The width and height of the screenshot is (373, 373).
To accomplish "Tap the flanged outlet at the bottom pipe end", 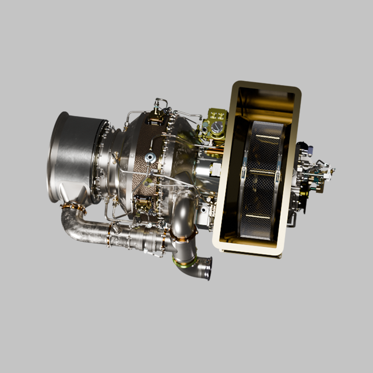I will pyautogui.click(x=204, y=269).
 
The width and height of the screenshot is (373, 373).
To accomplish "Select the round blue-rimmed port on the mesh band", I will pyautogui.click(x=150, y=157).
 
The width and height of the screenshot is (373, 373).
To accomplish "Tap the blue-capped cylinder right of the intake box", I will pyautogui.click(x=303, y=150).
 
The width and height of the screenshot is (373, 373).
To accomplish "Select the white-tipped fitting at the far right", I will pyautogui.click(x=331, y=170).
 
